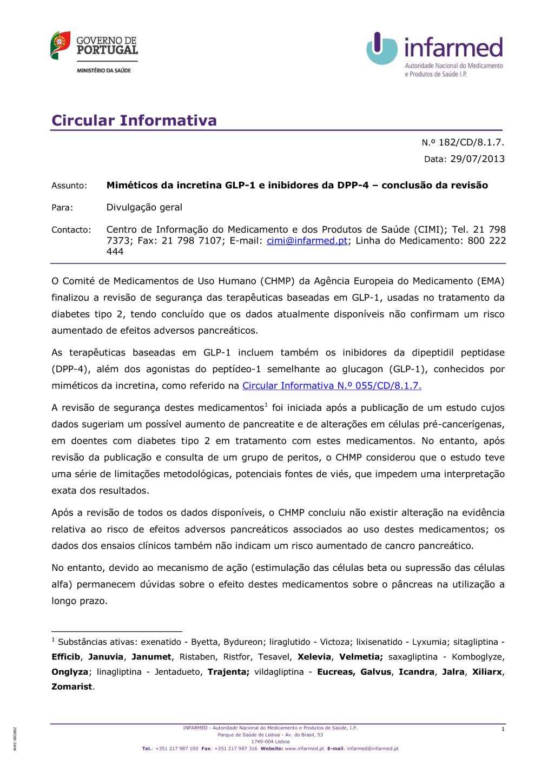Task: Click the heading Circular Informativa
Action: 134,120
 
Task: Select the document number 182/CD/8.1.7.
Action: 471,142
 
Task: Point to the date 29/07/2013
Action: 477,159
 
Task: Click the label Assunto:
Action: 69,186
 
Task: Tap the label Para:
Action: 62,208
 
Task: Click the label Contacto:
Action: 71,230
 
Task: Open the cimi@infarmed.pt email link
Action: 307,241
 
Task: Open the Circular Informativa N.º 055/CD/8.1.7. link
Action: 332,386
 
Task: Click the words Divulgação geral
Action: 144,207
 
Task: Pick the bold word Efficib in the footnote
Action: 65,657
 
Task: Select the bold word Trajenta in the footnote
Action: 227,672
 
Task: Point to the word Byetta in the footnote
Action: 204,642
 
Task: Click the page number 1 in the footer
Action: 503,729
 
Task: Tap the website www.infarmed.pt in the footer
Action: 304,749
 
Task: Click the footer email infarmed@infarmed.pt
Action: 372,749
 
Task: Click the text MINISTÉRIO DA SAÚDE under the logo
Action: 103,70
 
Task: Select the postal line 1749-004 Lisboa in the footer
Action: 270,742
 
